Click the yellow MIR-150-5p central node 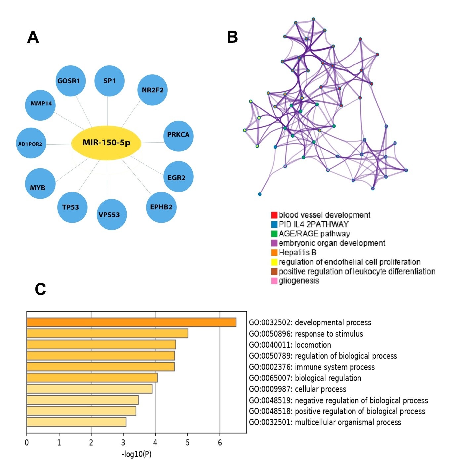(x=106, y=143)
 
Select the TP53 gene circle (x=72, y=207)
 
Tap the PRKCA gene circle (x=179, y=136)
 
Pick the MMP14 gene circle (x=40, y=105)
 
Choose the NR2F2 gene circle (x=152, y=90)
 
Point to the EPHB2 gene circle (x=161, y=207)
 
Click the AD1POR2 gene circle (x=31, y=143)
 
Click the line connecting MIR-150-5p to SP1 (x=108, y=111)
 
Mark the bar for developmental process (x=131, y=322)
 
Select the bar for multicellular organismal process (x=76, y=422)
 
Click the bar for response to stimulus (x=107, y=333)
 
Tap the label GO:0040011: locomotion (x=290, y=345)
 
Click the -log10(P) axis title (x=137, y=454)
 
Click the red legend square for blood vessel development (x=274, y=215)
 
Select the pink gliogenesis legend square (x=274, y=281)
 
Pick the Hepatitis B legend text (x=298, y=252)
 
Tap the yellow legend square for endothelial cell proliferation (x=274, y=262)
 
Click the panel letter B (x=232, y=37)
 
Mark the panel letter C (x=40, y=289)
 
